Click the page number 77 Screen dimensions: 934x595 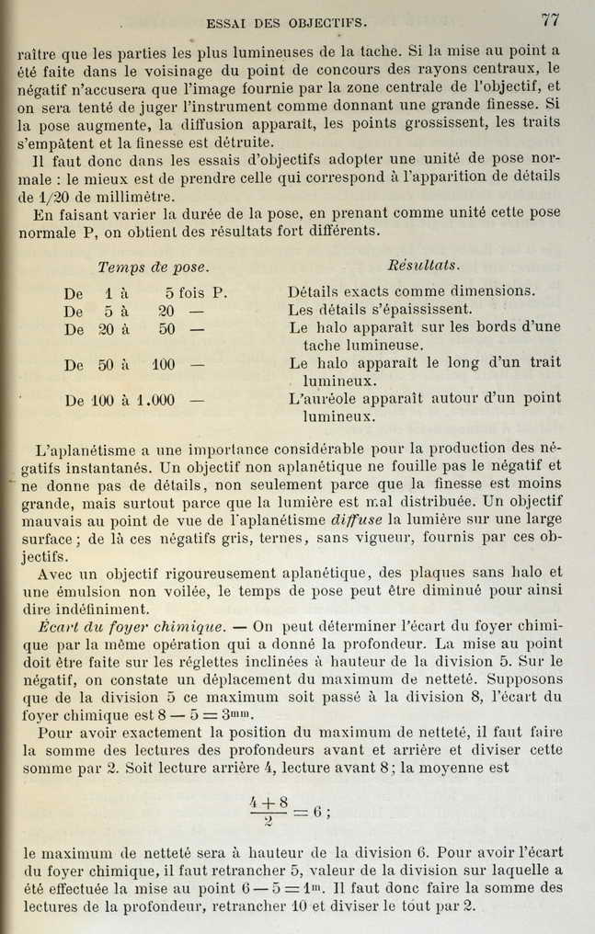(x=552, y=19)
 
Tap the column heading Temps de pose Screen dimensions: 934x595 (x=154, y=267)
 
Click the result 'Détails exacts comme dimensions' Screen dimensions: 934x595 (x=411, y=291)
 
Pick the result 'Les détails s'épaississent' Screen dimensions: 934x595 (x=380, y=310)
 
